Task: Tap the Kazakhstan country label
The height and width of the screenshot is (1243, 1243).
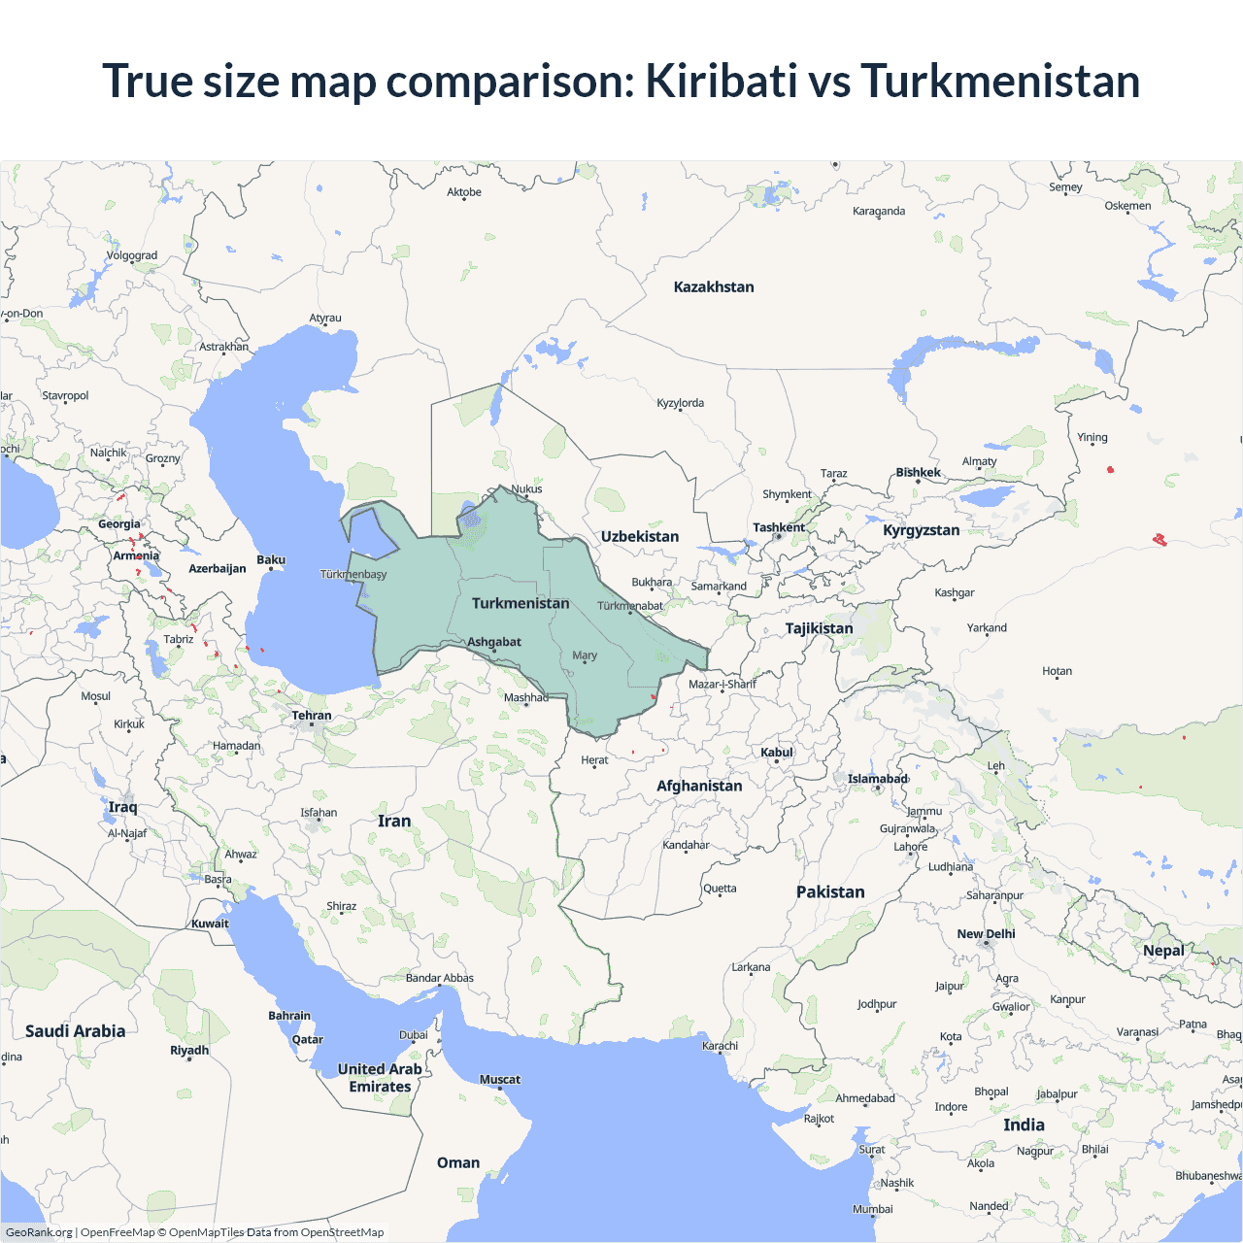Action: point(714,286)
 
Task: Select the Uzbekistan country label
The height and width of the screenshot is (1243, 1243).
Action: point(640,536)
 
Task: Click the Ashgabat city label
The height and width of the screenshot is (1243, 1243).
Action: point(494,642)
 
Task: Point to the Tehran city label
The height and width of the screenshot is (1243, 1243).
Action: point(312,716)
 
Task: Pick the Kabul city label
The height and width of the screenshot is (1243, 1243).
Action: point(777,753)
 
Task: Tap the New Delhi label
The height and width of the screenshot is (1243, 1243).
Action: point(986,934)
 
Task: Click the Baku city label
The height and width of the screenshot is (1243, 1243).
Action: point(271,560)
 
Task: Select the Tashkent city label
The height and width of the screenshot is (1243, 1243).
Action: point(779,527)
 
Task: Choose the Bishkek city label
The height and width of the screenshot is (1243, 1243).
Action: point(918,473)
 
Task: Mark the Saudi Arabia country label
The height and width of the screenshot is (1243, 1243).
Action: point(75,1031)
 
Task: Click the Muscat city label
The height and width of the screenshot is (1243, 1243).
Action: point(500,1080)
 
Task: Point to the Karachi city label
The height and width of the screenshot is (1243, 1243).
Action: point(721,1046)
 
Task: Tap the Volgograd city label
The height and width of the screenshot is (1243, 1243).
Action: point(132,256)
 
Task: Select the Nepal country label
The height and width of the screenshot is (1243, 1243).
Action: point(1163,951)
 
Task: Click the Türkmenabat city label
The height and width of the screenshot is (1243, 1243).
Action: point(629,606)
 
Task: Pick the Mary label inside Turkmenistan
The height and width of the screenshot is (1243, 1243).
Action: point(585,655)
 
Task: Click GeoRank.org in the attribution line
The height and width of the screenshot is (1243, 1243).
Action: point(39,1232)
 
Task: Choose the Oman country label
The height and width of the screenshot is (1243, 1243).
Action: point(458,1162)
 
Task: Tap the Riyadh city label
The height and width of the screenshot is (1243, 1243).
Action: point(189,1051)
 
